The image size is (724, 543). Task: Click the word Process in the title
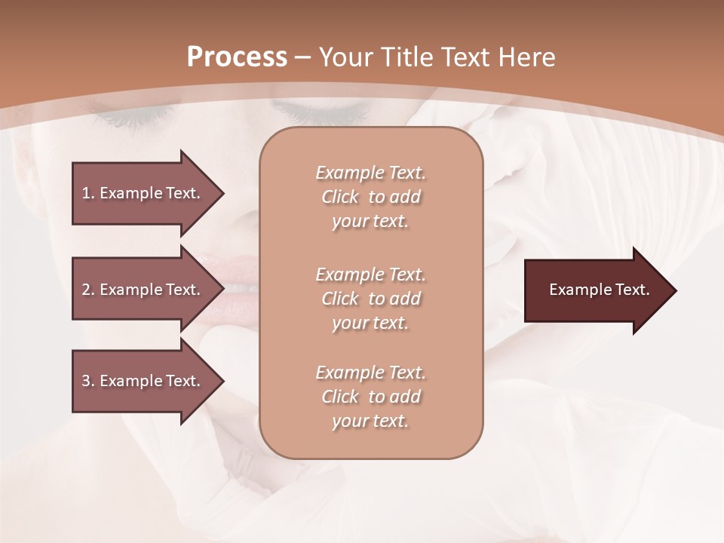[237, 57]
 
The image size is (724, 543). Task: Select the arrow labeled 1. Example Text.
[143, 193]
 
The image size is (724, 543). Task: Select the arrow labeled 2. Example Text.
[143, 290]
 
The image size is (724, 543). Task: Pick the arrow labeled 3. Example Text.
[143, 381]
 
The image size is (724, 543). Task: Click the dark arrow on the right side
[596, 290]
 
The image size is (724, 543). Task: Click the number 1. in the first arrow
[88, 193]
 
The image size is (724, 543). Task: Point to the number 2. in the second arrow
[88, 290]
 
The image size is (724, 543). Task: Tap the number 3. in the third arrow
[88, 381]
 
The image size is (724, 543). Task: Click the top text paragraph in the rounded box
[370, 197]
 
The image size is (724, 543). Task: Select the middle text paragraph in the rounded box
[370, 299]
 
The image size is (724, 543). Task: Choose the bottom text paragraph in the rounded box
[370, 397]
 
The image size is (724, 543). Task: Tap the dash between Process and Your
[303, 58]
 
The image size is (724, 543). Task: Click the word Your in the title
[346, 57]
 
